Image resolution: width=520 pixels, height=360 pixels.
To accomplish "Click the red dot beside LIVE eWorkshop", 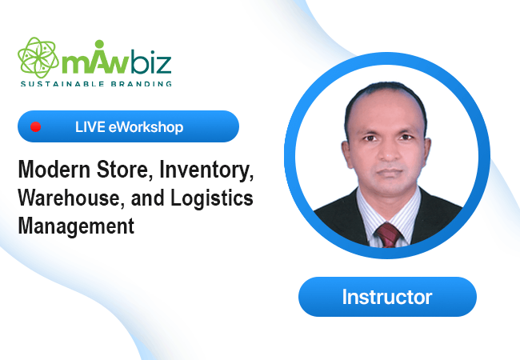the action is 35,126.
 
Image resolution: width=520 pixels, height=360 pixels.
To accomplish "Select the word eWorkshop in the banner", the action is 146,127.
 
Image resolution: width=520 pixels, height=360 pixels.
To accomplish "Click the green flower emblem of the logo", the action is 38,58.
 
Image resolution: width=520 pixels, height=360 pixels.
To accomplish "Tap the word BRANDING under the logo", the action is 142,84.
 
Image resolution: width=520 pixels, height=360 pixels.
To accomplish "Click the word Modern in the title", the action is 54,170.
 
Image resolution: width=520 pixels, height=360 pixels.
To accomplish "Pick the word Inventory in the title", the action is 206,171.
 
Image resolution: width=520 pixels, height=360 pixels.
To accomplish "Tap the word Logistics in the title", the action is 212,198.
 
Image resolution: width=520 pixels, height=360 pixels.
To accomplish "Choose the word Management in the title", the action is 76,226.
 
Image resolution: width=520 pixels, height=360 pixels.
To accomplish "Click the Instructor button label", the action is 387,297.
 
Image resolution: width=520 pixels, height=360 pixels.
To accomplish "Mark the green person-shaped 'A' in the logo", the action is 99,56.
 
